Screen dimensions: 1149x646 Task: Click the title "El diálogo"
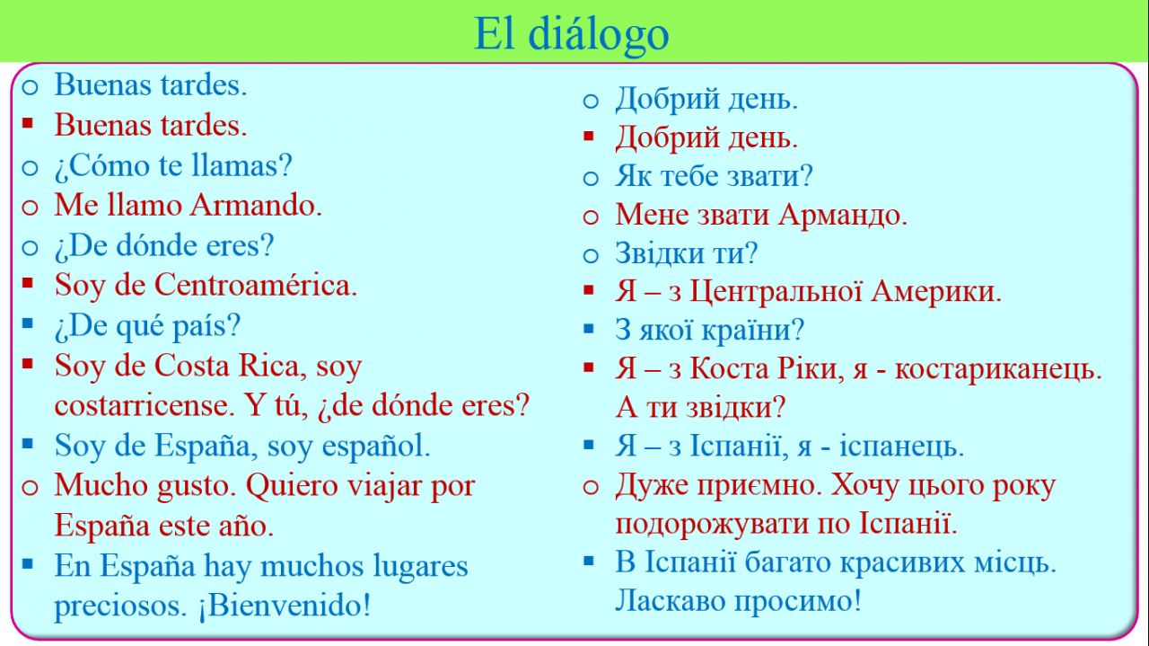(571, 35)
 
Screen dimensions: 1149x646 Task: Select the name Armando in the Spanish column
(256, 205)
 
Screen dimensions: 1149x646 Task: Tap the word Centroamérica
(256, 285)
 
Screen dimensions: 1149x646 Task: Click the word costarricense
(145, 406)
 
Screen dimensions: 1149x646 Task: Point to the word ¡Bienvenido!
(285, 605)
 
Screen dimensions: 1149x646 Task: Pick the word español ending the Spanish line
(375, 446)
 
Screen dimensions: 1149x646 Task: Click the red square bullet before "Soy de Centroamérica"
(28, 283)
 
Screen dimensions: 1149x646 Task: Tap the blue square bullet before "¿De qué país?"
(28, 323)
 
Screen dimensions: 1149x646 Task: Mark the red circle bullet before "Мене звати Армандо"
(591, 217)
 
